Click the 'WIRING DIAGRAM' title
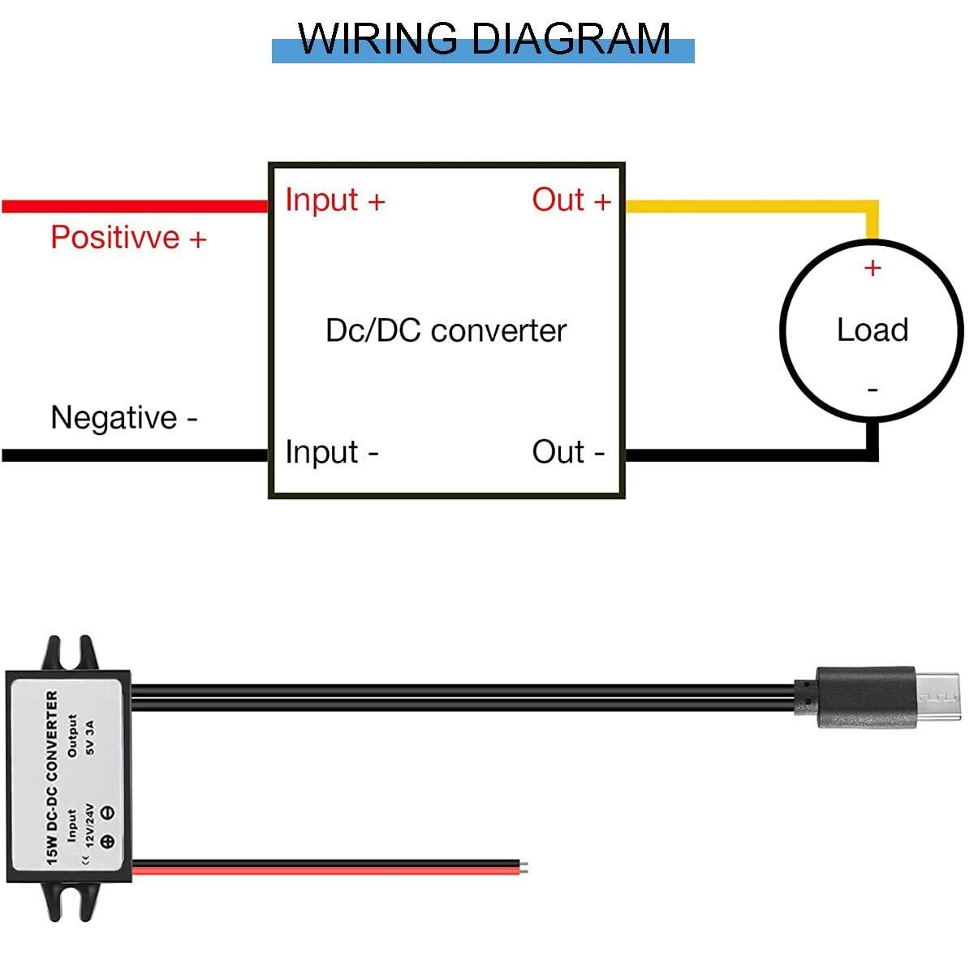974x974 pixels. pyautogui.click(x=484, y=38)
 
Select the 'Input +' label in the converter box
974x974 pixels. pyautogui.click(x=334, y=200)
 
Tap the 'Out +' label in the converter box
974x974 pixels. pyautogui.click(x=571, y=200)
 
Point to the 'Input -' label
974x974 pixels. pyautogui.click(x=331, y=452)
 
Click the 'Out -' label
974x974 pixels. pyautogui.click(x=568, y=452)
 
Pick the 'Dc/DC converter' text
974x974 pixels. pyautogui.click(x=446, y=330)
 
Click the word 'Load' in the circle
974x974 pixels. pyautogui.click(x=873, y=330)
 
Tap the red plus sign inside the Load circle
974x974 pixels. pyautogui.click(x=873, y=267)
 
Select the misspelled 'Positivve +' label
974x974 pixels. pyautogui.click(x=128, y=238)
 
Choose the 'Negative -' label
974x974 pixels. pyautogui.click(x=123, y=418)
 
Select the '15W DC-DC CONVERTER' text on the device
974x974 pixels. pyautogui.click(x=52, y=777)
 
